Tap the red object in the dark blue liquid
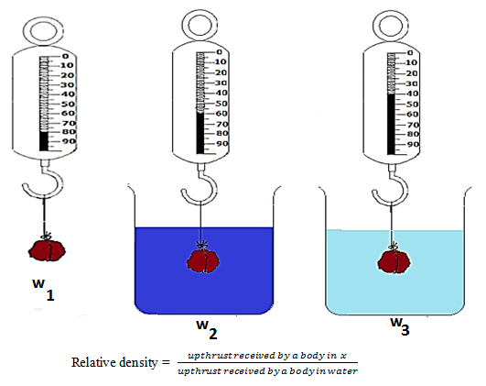(x=203, y=259)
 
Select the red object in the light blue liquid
(x=394, y=261)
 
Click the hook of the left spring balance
(x=41, y=182)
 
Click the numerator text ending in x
(x=265, y=354)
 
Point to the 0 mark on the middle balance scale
(x=221, y=54)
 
